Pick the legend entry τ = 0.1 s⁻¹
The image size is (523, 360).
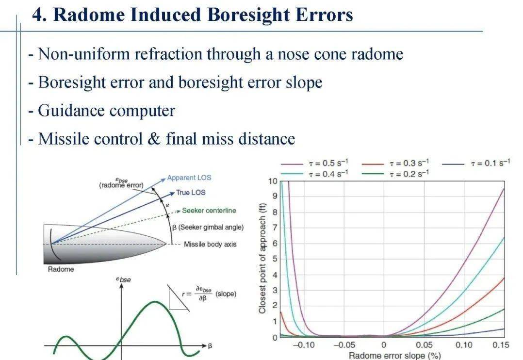pos(490,164)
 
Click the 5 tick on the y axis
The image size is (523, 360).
pos(275,259)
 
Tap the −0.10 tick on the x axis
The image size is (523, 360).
pos(305,345)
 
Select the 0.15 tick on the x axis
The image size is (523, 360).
pos(501,345)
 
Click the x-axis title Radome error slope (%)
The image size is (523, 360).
pos(395,356)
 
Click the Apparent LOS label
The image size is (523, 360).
pos(189,178)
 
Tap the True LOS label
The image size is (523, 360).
pos(191,193)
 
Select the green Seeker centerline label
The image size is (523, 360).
pos(209,211)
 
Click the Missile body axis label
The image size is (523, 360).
pos(210,244)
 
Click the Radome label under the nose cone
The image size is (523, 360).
pos(61,269)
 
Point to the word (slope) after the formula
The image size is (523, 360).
pos(226,294)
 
